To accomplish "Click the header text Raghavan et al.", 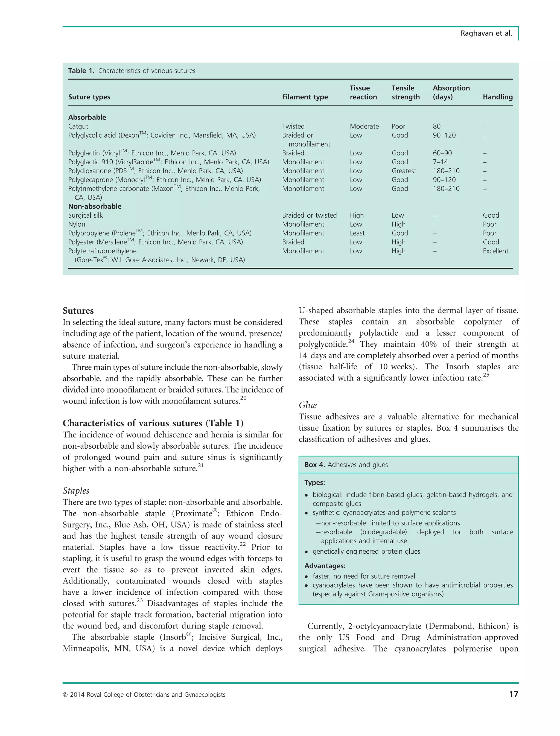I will pos(486,33).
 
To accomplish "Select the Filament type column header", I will pos(305,97).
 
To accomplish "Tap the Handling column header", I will pos(497,97).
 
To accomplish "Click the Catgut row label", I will pos(78,126).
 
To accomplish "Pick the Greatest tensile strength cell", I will pos(404,171).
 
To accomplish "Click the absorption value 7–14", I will pos(440,162).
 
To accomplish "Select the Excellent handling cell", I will pos(495,251).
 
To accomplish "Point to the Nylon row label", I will pos(77,224).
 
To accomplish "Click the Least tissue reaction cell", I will pos(357,233).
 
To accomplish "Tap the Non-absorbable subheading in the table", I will pos(95,206).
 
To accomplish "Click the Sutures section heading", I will pos(78,311).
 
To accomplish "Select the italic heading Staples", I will pos(76,491).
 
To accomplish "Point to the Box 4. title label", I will pos(314,465).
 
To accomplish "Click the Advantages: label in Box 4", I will pos(325,566).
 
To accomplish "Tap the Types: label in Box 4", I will pos(314,482).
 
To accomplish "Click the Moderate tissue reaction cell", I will pos(364,126).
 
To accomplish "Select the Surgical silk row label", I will pos(85,215).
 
